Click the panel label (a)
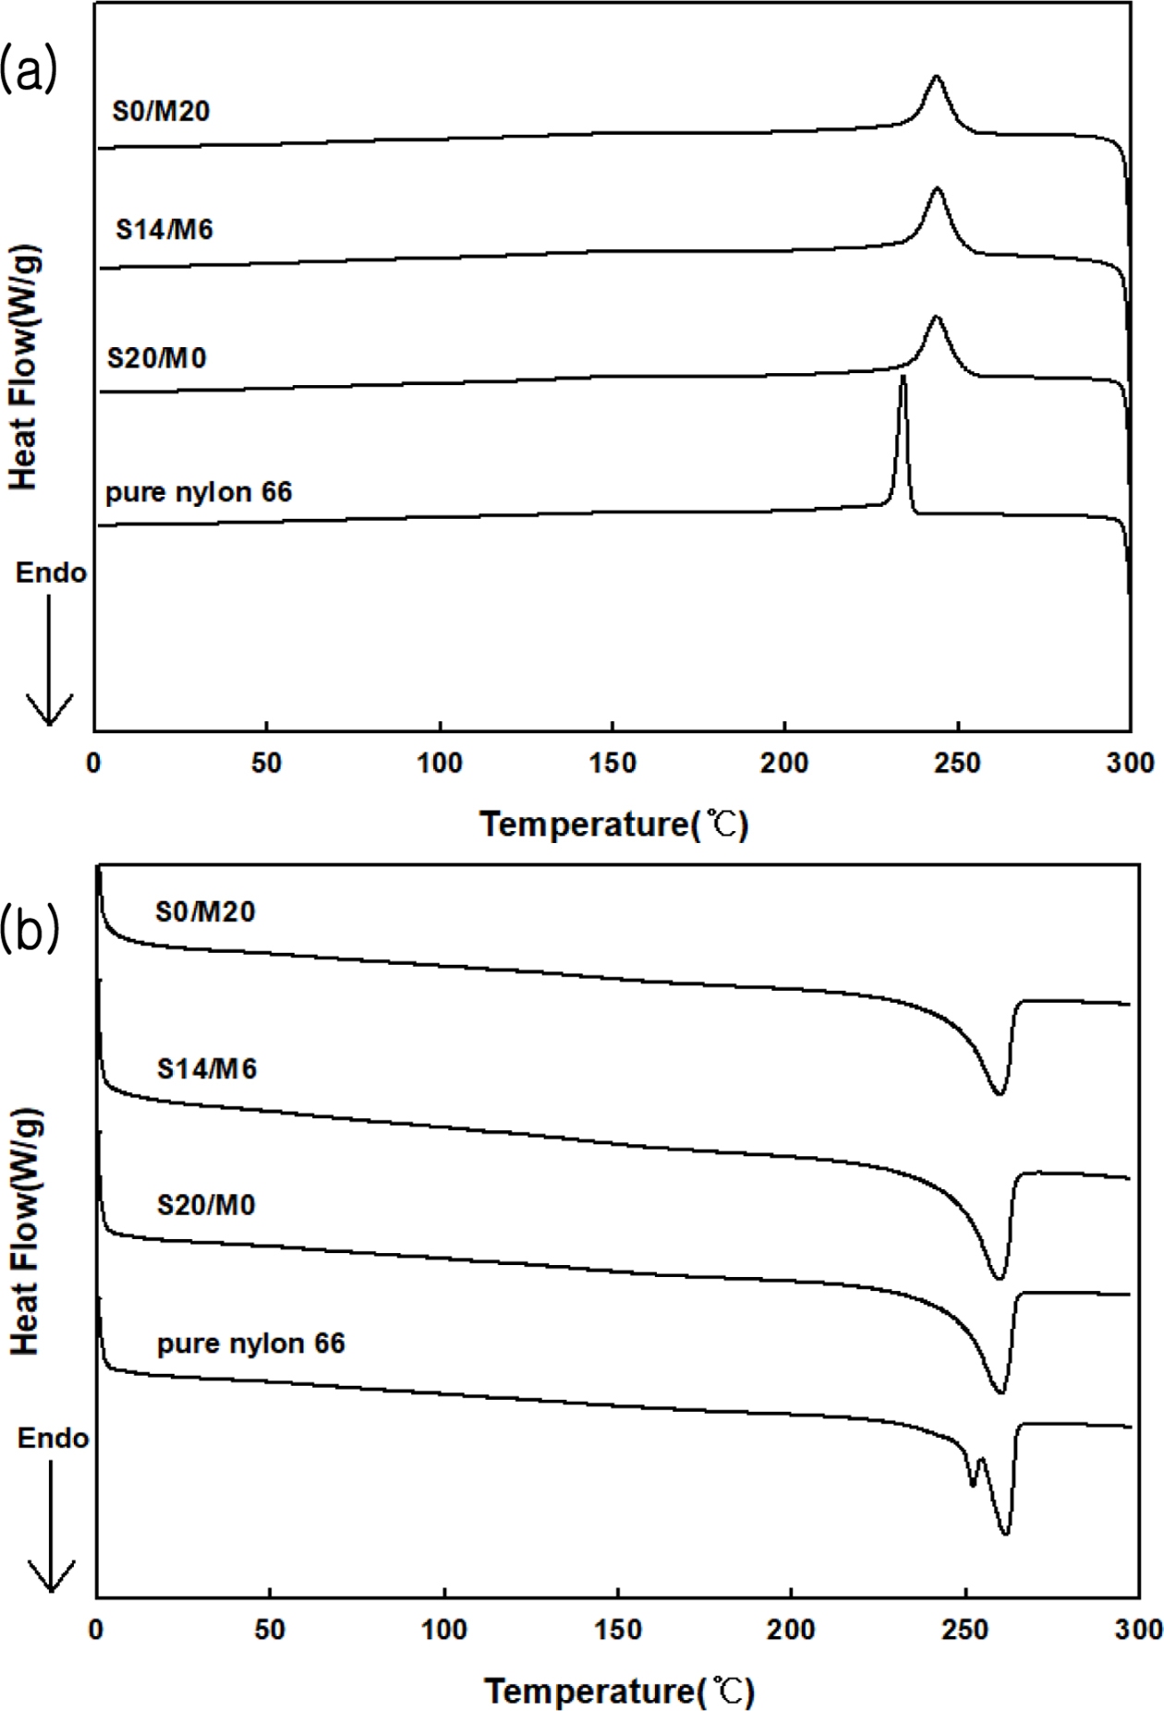click(x=29, y=70)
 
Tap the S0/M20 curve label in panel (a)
click(x=161, y=112)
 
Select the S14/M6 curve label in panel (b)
click(x=206, y=1069)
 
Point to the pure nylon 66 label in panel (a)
click(x=199, y=492)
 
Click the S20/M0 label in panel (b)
click(x=205, y=1205)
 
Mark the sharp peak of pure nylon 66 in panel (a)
click(x=903, y=378)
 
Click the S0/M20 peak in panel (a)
click(x=936, y=78)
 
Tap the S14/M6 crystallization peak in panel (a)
click(x=937, y=189)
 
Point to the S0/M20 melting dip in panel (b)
click(x=999, y=1093)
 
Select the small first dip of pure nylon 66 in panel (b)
click(x=972, y=1484)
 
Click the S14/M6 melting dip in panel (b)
click(x=999, y=1278)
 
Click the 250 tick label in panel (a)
click(x=957, y=763)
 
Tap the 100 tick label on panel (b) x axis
click(x=443, y=1630)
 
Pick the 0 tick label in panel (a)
click(x=94, y=763)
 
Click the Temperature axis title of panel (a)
click(x=613, y=824)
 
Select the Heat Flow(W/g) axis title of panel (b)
click(x=25, y=1233)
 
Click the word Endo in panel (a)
click(x=51, y=572)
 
